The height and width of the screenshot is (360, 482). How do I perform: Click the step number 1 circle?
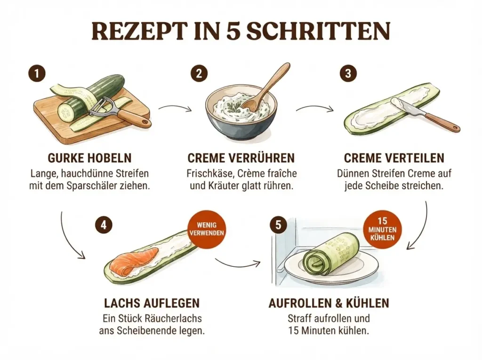37,74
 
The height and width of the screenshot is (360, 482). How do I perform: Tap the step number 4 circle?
103,225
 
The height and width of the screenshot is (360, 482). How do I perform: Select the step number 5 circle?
278,225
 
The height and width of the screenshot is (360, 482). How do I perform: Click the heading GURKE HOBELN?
90,158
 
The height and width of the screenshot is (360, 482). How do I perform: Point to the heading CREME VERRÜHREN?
241,158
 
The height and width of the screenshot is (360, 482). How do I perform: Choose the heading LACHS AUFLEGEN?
152,303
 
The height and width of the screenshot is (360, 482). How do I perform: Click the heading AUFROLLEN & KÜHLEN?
329,303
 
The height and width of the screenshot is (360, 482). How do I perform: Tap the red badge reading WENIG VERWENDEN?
207,229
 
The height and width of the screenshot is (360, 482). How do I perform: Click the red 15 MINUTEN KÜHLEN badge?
383,229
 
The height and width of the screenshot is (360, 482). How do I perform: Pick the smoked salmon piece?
134,261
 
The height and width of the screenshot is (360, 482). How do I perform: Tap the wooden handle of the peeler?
134,117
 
